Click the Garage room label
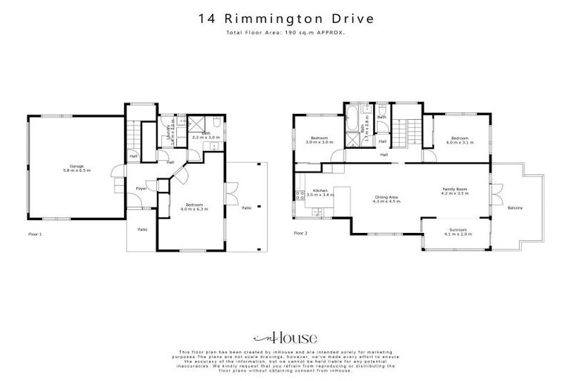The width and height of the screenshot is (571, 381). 76,165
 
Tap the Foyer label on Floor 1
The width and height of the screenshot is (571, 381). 140,189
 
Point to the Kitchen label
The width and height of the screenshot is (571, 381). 320,190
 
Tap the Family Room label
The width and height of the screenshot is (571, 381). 454,189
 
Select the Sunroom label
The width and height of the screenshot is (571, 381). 457,230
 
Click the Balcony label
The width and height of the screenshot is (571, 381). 514,208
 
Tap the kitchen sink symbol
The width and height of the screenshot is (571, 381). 317,214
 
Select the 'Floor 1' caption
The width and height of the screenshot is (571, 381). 36,234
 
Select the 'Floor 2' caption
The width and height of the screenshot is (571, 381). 300,234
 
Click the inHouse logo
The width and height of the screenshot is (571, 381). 285,337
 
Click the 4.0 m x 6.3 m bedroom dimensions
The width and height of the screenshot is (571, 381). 195,210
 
